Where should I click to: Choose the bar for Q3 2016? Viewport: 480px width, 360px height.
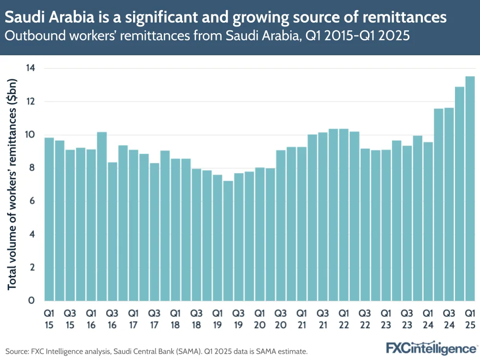pos(112,231)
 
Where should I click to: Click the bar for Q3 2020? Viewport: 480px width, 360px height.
pos(281,225)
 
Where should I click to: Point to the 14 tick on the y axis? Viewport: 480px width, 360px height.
pos(30,69)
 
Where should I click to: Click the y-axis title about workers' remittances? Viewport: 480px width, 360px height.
pos(12,185)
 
